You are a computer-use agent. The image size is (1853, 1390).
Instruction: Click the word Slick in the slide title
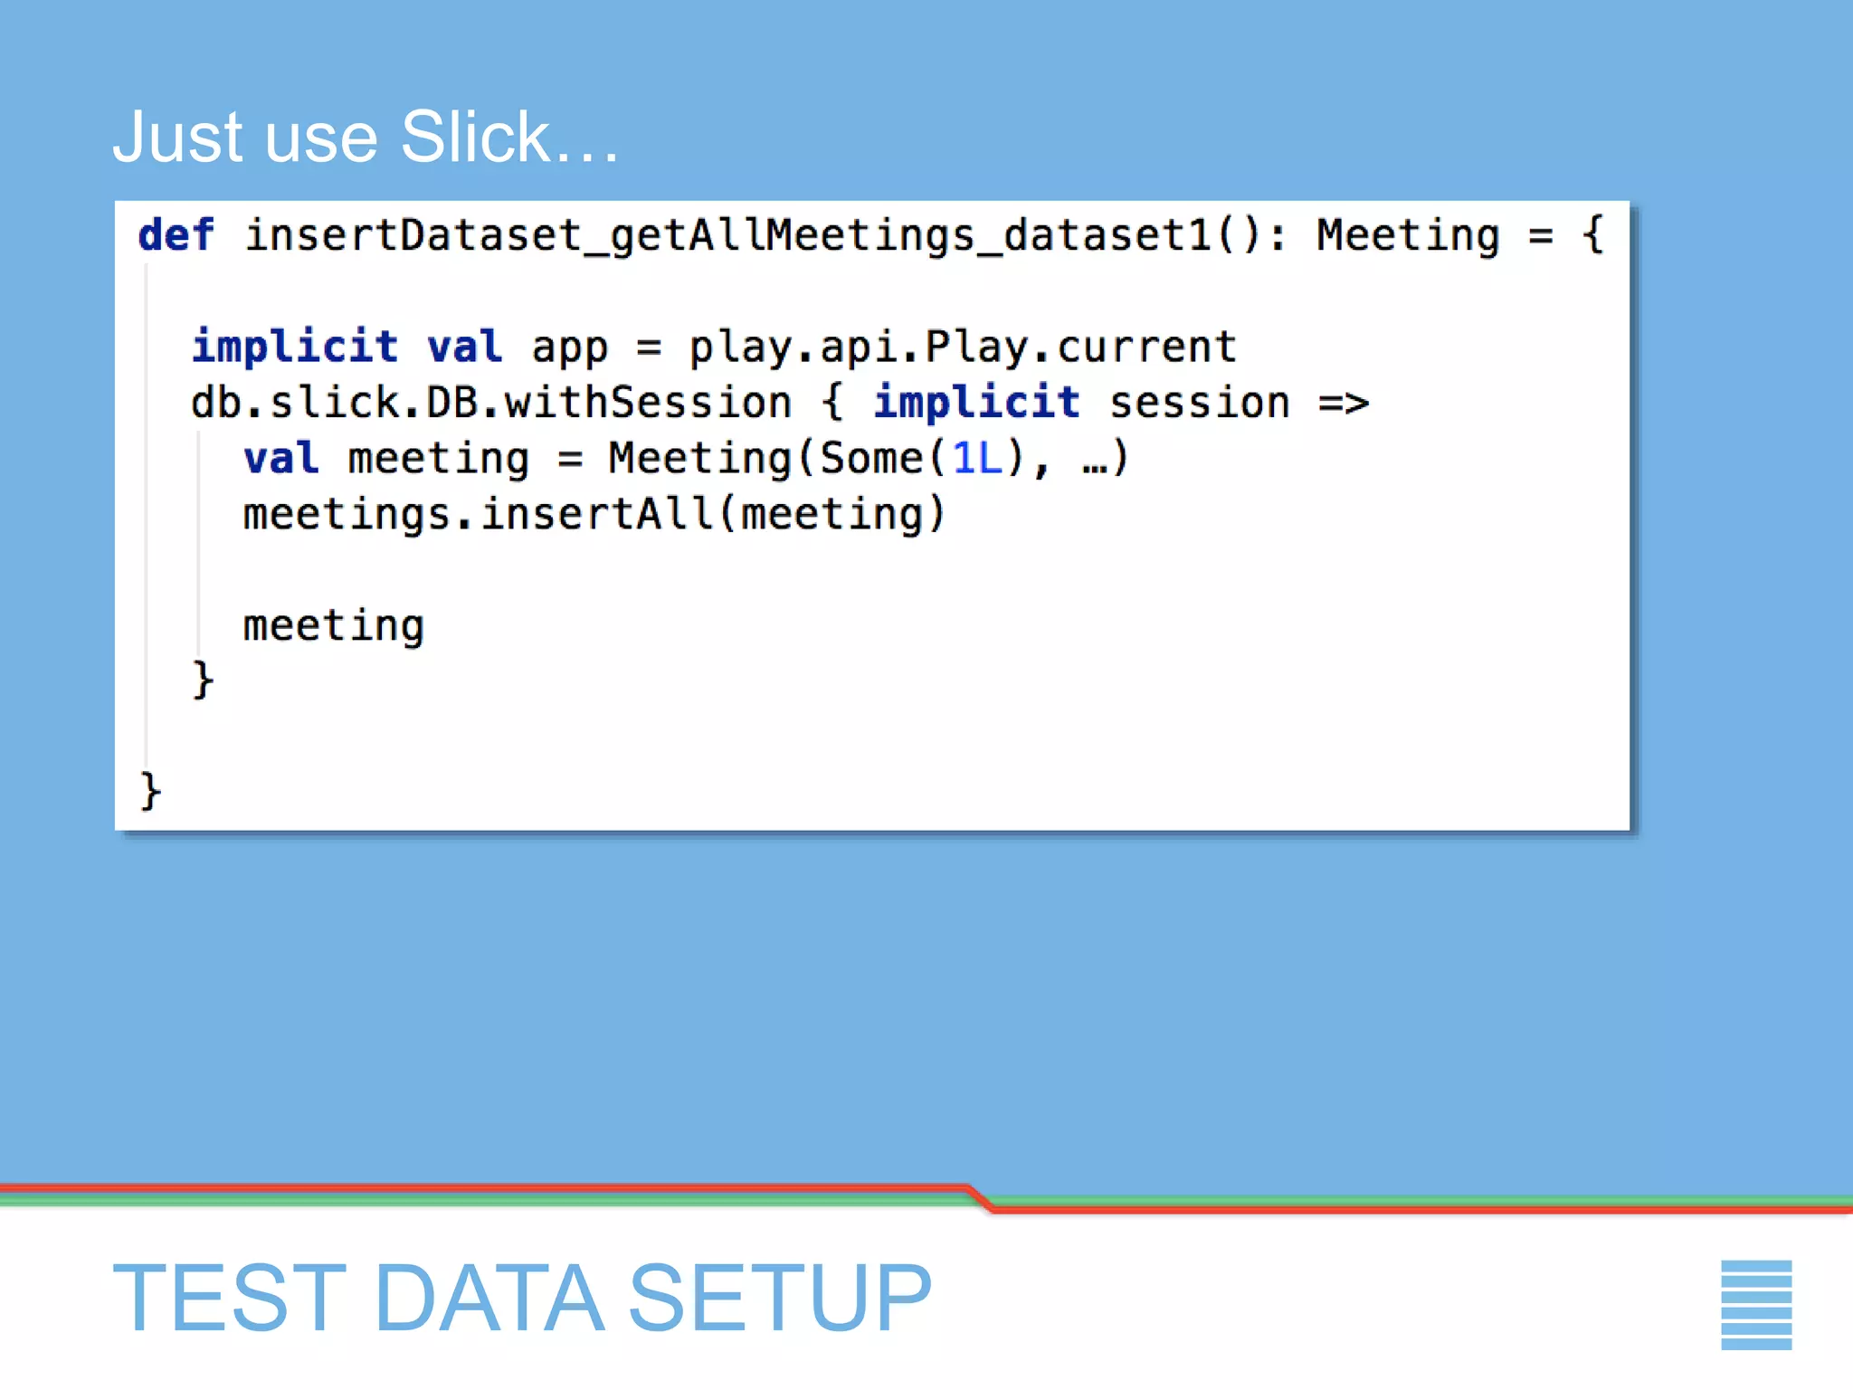475,138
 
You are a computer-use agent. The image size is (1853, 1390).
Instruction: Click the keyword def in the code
176,235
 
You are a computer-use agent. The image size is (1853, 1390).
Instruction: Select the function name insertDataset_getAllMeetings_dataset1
728,235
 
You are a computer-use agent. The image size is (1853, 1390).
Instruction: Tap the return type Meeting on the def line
1407,235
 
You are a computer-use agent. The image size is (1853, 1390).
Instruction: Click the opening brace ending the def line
1592,235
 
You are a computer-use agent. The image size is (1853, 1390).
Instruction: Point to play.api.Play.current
963,347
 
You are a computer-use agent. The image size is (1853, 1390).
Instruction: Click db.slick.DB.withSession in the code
490,403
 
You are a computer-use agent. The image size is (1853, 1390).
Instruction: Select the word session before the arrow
1200,403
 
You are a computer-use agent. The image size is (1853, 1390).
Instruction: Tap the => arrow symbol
1344,403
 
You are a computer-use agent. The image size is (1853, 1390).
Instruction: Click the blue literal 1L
977,459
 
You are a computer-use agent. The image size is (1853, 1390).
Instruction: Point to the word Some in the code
870,459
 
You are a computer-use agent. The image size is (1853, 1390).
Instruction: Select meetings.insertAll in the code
478,515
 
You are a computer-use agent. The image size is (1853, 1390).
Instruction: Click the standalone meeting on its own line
333,626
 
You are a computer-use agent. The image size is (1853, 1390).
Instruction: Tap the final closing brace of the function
150,791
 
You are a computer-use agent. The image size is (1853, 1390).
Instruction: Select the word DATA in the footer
489,1299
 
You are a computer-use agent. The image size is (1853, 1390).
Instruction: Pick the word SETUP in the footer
779,1299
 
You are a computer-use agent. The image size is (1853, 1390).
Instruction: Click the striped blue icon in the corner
1755,1304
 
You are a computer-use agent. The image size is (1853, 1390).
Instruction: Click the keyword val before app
464,347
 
